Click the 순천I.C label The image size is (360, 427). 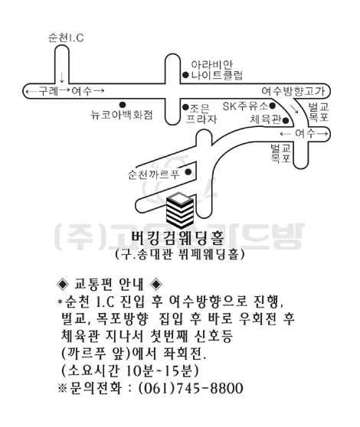pos(66,37)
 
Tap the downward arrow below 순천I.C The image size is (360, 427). pos(62,77)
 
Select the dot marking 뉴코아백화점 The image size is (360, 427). pos(123,105)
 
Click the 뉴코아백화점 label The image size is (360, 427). pos(122,115)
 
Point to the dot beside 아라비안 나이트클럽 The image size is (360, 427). pos(185,75)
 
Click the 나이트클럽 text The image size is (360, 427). pos(217,75)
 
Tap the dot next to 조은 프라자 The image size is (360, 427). pos(185,107)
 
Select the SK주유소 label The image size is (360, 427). pos(245,106)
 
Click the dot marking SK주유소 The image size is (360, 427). pos(272,106)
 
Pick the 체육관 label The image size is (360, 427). pos(266,119)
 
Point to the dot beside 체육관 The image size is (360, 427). pos(286,120)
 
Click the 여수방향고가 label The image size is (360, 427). pos(293,91)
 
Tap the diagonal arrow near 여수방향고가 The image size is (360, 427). pos(295,109)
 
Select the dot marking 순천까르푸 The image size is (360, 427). pos(188,172)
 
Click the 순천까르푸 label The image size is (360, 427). pos(154,174)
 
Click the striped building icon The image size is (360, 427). pos(180,210)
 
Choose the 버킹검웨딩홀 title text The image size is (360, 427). pos(178,237)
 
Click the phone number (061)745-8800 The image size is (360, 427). pos(191,388)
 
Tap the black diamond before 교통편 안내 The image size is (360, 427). pos(63,285)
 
